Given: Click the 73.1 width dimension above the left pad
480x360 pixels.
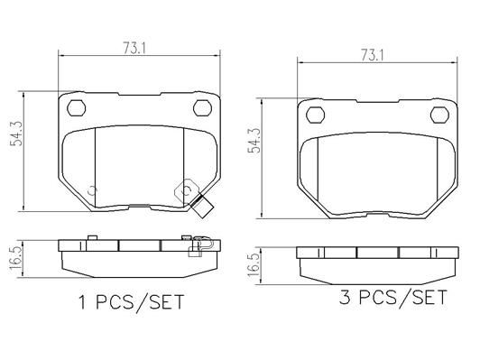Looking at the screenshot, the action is click(134, 48).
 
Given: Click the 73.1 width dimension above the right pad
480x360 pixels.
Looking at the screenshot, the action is click(372, 55).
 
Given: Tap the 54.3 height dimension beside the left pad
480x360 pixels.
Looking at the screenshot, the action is click(16, 134).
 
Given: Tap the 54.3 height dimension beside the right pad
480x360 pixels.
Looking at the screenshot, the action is click(254, 140).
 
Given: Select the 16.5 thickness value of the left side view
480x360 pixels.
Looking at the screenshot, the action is click(15, 259).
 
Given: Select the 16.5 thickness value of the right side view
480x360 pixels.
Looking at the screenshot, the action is click(254, 265).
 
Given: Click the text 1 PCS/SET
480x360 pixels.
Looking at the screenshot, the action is click(132, 302).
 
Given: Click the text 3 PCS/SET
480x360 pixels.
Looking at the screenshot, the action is click(393, 297).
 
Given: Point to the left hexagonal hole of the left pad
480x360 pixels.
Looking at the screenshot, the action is click(76, 107).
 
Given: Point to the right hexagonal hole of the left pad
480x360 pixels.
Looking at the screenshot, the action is click(203, 107).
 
